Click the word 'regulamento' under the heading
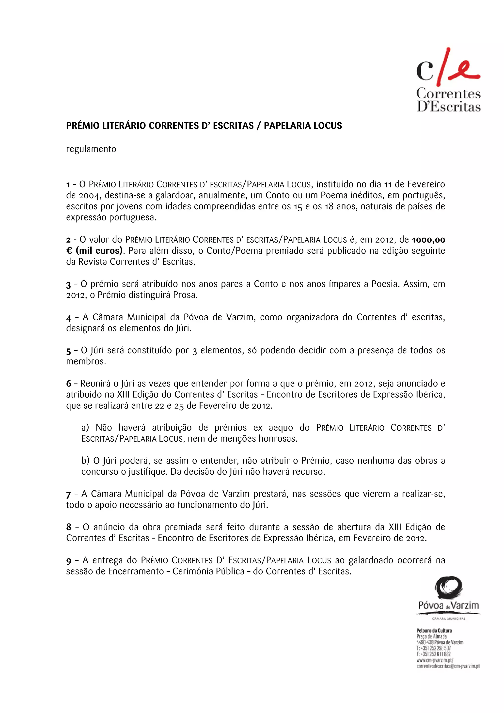pos(91,149)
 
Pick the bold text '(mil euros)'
pos(99,251)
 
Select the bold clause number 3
pos(68,285)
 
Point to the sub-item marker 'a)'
pos(85,428)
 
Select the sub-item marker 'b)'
pos(85,461)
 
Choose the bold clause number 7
pos(68,495)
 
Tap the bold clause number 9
pos(69,561)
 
